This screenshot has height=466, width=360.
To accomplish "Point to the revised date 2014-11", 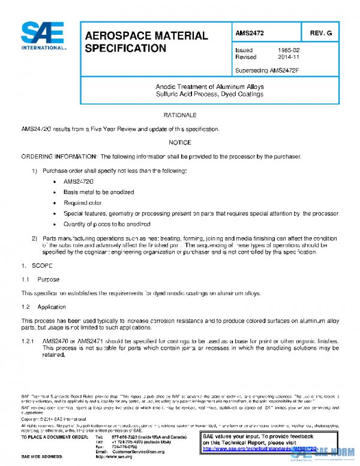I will pyautogui.click(x=289, y=57).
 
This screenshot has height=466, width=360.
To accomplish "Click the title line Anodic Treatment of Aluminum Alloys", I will pyautogui.click(x=209, y=87).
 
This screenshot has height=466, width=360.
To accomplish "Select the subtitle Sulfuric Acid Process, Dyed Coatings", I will pyautogui.click(x=209, y=94).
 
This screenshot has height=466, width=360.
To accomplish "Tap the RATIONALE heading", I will pyautogui.click(x=180, y=114).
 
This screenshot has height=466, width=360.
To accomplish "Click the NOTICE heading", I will pyautogui.click(x=180, y=142).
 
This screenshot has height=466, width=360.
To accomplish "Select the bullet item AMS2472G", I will pyautogui.click(x=79, y=181).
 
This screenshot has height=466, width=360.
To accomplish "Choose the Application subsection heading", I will pyautogui.click(x=52, y=307).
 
